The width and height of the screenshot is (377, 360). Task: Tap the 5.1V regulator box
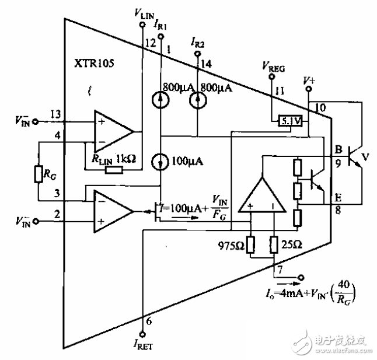pyautogui.click(x=289, y=121)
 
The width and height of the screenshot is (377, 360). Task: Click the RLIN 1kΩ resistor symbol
pyautogui.click(x=114, y=170)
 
